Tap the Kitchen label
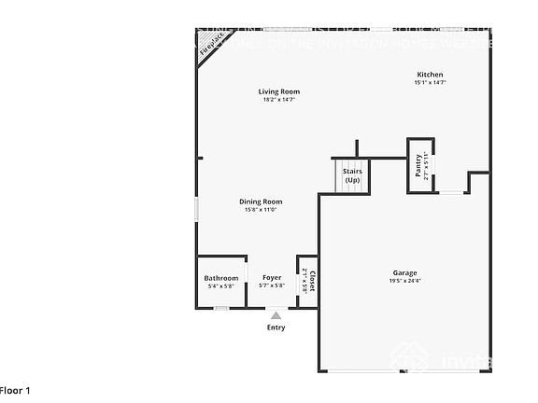click(430, 75)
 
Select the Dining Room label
click(261, 201)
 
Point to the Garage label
click(404, 273)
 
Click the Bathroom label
click(221, 278)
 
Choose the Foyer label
click(272, 278)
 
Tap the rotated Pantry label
click(418, 164)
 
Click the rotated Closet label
click(313, 281)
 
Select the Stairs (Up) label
click(352, 175)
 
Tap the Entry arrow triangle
click(276, 316)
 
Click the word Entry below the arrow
click(276, 327)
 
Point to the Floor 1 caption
click(16, 390)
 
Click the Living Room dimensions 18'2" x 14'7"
click(280, 100)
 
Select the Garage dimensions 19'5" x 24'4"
click(405, 281)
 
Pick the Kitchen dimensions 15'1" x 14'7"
click(430, 83)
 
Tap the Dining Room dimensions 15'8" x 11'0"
click(261, 210)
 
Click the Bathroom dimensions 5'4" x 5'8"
click(221, 286)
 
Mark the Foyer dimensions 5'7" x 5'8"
click(272, 286)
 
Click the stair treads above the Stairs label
click(352, 162)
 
